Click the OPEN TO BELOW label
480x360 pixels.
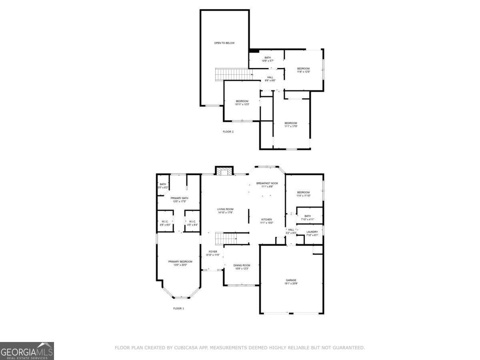[x=224, y=43]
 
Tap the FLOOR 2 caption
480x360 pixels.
[x=228, y=132]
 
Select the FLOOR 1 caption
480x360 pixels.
[x=178, y=308]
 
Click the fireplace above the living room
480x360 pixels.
[x=224, y=171]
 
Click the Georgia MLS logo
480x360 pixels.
[x=27, y=351]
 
